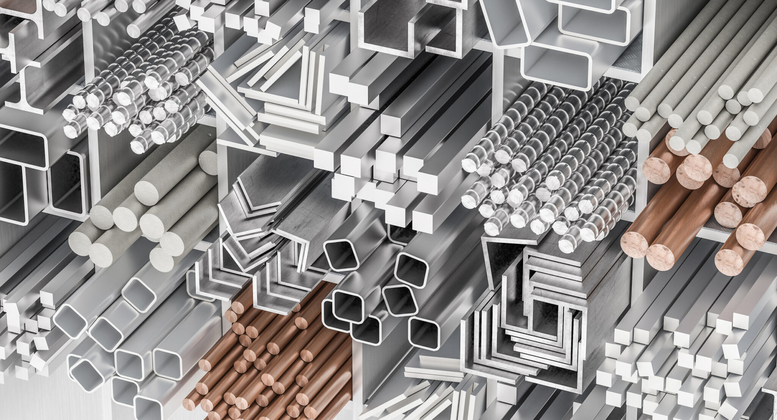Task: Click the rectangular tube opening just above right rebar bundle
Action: pos(556,66)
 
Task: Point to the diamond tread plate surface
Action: pos(626,57)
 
